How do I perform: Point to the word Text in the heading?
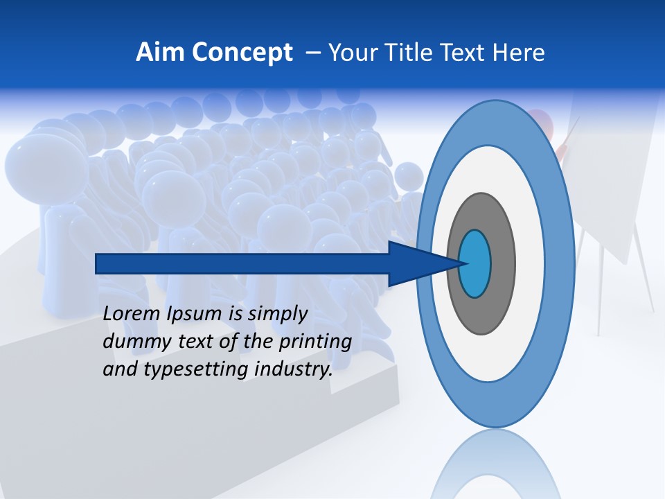(x=465, y=52)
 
